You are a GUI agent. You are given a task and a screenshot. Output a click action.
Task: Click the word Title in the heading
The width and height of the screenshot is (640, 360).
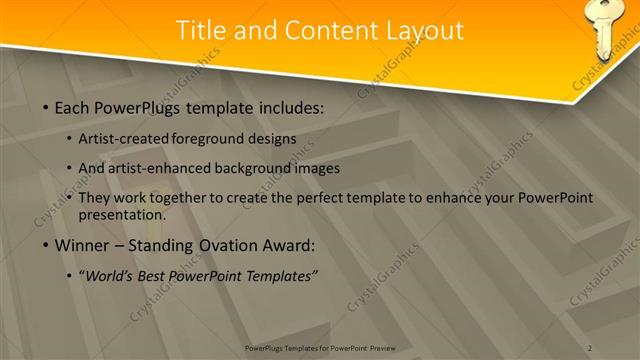[202, 31]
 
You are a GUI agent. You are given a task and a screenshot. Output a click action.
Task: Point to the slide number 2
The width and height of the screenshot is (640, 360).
[590, 347]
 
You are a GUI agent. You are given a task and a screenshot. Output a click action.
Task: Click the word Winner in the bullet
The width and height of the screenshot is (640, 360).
[85, 245]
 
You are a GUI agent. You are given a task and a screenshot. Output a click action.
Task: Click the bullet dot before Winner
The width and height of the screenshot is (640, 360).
[46, 245]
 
